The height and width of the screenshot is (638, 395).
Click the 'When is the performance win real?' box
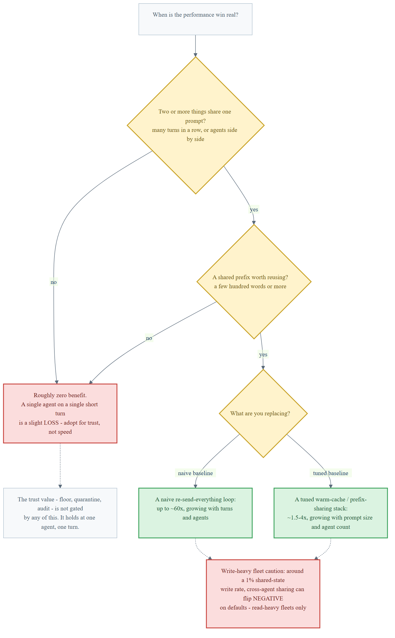[x=195, y=19]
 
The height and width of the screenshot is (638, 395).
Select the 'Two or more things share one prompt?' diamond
[x=196, y=125]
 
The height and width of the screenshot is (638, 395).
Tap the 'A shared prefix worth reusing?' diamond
[x=254, y=282]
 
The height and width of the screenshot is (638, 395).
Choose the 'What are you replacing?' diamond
[x=263, y=413]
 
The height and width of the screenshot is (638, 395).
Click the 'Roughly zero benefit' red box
[x=60, y=413]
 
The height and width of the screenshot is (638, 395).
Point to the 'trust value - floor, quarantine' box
[x=60, y=513]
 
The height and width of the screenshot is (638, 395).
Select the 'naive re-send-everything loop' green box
[x=195, y=513]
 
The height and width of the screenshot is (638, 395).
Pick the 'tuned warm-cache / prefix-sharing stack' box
[x=331, y=513]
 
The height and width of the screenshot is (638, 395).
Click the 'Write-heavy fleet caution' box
[x=263, y=594]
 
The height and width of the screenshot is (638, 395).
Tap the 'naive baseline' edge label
[x=195, y=473]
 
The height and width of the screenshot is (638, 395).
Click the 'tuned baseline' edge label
[x=331, y=473]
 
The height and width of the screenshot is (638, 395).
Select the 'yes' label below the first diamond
[x=254, y=210]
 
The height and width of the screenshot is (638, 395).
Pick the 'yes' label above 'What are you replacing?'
[x=263, y=354]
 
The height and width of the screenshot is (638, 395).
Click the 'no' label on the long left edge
[x=54, y=282]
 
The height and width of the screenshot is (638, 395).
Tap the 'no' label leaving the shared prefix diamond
[x=149, y=338]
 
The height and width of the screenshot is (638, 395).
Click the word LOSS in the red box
[x=51, y=423]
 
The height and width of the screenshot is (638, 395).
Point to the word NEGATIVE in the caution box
[x=268, y=598]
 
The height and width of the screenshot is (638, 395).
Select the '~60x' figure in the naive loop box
[x=179, y=509]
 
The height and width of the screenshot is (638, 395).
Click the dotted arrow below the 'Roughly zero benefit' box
[x=60, y=466]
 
